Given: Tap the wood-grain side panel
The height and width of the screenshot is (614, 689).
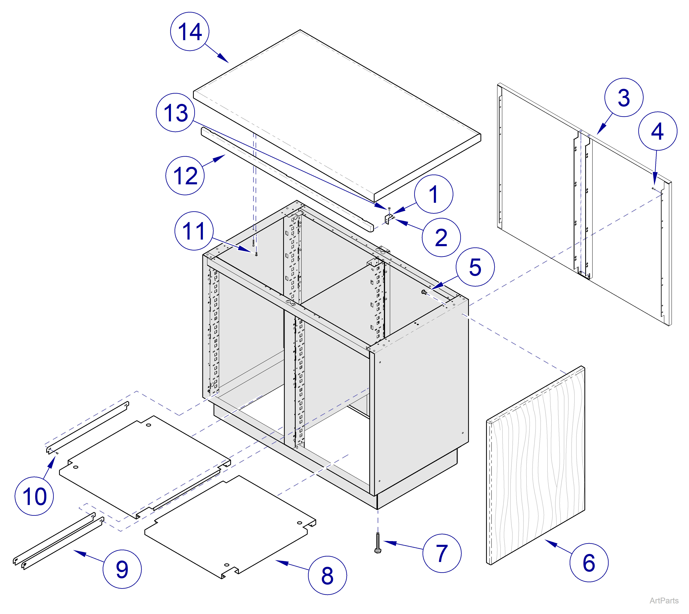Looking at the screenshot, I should [x=536, y=466].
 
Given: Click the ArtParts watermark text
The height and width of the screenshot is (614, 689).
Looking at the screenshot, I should [x=664, y=601].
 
